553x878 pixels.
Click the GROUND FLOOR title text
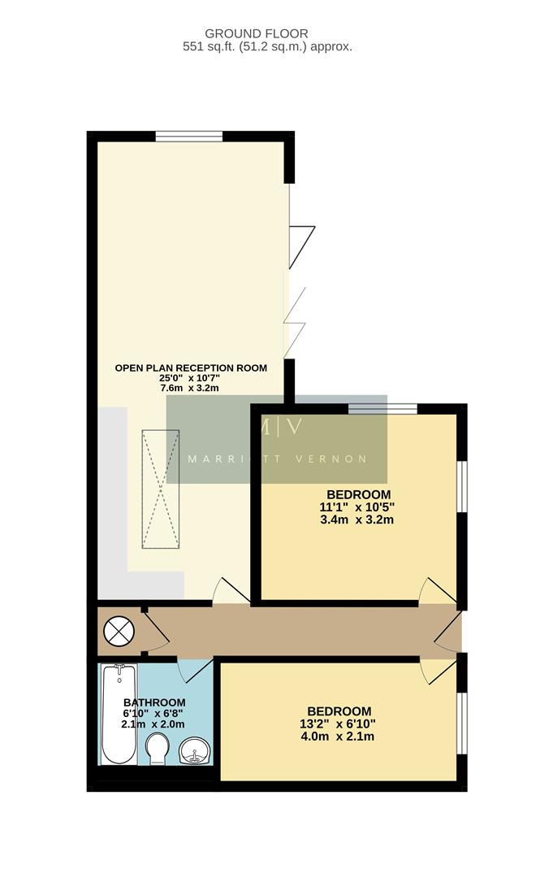click(256, 33)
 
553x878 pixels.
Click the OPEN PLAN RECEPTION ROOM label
click(191, 367)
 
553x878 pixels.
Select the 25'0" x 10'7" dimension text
click(191, 378)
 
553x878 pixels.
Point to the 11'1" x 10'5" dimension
click(357, 507)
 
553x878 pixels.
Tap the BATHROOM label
click(154, 702)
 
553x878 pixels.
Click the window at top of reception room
click(189, 136)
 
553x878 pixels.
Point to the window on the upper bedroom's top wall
click(382, 408)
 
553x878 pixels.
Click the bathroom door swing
click(194, 670)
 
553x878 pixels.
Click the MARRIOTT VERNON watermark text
click(277, 459)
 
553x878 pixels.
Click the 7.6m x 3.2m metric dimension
click(191, 389)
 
